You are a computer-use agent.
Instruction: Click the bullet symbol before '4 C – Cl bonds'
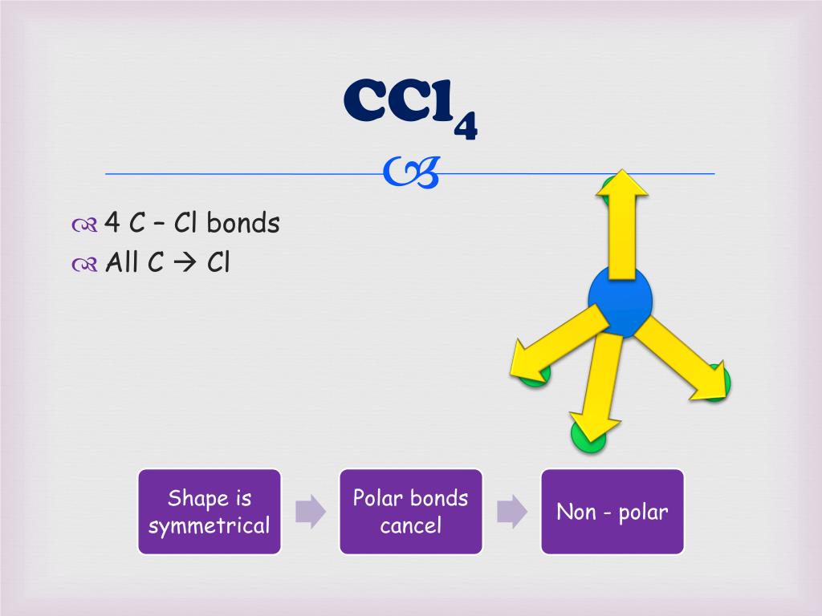[83, 225]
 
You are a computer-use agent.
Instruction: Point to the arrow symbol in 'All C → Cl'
[185, 262]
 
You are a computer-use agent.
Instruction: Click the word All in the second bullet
[123, 262]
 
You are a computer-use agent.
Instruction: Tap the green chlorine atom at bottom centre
[588, 438]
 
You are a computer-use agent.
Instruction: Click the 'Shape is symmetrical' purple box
[210, 512]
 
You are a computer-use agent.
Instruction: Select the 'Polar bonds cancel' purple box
[411, 512]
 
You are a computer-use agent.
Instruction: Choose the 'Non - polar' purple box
[612, 512]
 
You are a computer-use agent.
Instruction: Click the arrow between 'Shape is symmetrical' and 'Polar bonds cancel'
[311, 512]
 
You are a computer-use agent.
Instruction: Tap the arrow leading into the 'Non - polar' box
[511, 512]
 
